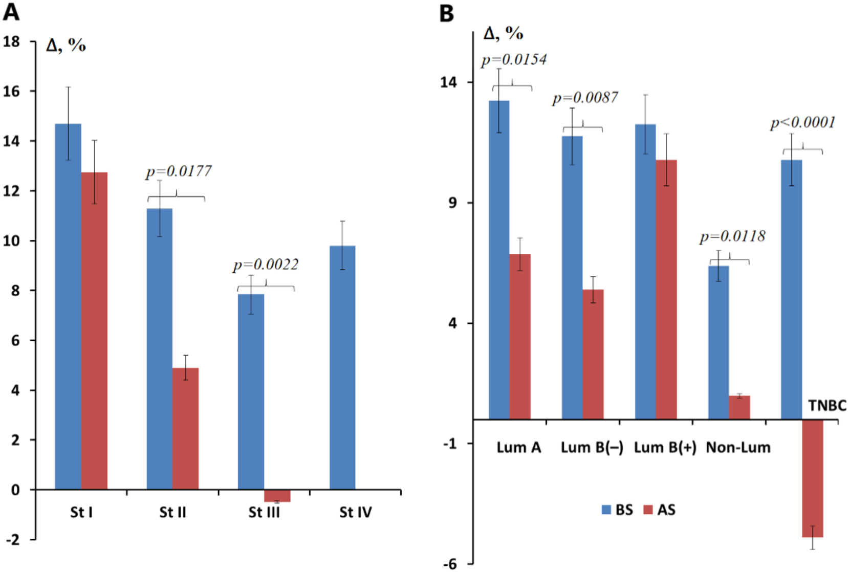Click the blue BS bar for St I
point(68,307)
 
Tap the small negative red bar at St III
point(277,496)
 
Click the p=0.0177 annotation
point(179,171)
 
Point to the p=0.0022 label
point(266,265)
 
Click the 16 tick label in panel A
point(11,92)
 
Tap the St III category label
point(264,512)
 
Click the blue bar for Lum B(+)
point(645,271)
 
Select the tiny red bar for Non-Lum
point(739,407)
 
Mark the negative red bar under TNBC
point(812,478)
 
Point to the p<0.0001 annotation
point(803,123)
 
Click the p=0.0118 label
point(733,236)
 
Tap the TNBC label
point(827,406)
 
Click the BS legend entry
point(617,510)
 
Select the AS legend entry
point(660,510)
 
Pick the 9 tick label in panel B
point(452,203)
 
